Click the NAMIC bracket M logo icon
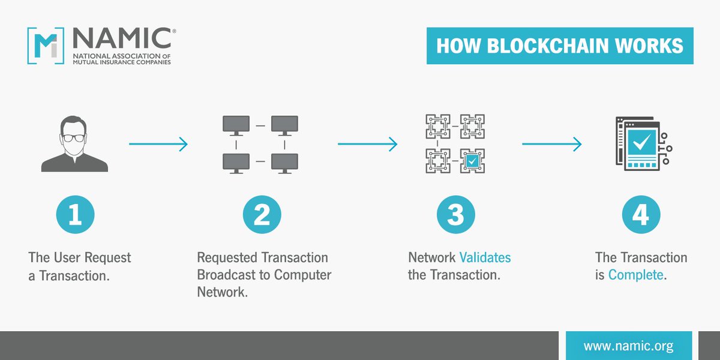46,46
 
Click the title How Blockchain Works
559,46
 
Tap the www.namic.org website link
628,346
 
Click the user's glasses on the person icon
75,137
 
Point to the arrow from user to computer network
158,144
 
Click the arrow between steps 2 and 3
367,144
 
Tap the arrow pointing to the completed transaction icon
551,144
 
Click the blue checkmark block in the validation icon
472,161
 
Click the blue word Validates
485,258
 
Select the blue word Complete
635,275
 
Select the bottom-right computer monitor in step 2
284,163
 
